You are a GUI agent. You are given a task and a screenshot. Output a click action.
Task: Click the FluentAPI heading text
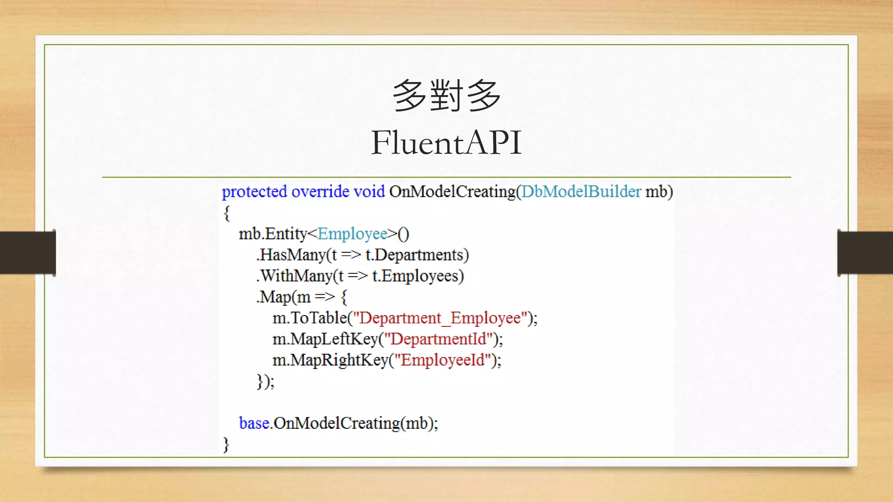pos(446,142)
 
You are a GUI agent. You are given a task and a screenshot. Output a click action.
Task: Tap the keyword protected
pos(254,192)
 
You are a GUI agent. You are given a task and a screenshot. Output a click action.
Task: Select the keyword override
pos(320,192)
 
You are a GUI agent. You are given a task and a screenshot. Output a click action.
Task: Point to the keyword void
pos(369,192)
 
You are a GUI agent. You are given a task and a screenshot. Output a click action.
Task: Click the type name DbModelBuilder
pos(581,192)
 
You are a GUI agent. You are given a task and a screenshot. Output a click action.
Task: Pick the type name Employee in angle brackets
pos(352,234)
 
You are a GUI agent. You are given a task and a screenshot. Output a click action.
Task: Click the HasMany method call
pos(293,255)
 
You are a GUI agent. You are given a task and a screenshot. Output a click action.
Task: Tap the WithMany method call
pos(297,276)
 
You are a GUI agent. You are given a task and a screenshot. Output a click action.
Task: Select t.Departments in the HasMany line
pos(416,255)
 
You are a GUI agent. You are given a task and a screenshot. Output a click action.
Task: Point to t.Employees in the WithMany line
pos(417,276)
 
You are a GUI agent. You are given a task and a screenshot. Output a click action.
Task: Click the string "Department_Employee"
pos(440,318)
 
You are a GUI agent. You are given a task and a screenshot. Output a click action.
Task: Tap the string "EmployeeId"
pos(443,360)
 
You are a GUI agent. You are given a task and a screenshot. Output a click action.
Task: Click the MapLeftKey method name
pos(334,339)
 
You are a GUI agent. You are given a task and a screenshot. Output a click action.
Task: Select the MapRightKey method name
pos(339,360)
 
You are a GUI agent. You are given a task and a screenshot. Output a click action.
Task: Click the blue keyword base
pos(254,423)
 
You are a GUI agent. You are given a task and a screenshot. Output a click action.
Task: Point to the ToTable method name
pos(319,318)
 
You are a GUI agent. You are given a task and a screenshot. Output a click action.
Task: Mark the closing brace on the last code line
pos(226,444)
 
